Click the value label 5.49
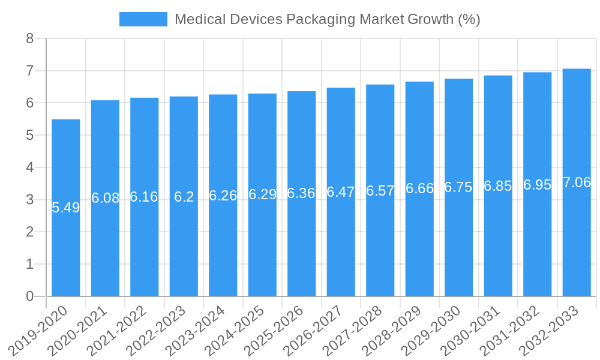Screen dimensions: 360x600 tap(66, 208)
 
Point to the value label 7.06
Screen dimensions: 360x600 tap(577, 183)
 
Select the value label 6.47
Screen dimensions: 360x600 tap(341, 192)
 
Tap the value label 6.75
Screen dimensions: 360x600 tap(458, 187)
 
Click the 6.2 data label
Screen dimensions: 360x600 tap(184, 197)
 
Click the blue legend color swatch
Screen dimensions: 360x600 tap(143, 19)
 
